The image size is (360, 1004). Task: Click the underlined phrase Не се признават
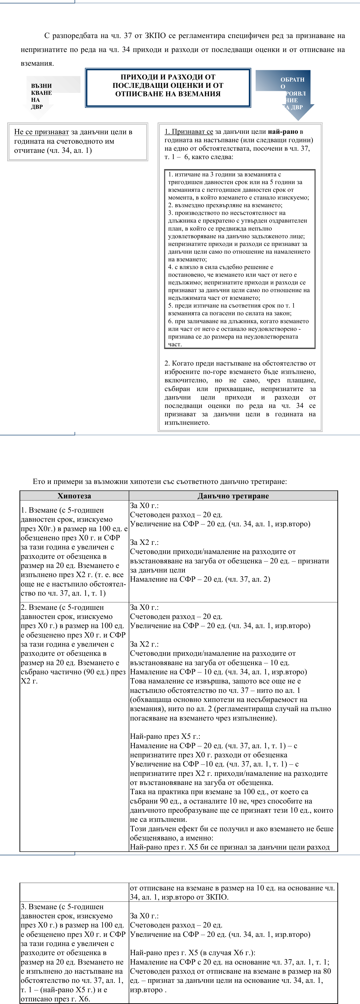click(41, 132)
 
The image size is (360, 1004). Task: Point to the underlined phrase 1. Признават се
click(189, 132)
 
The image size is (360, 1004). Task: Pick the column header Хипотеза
click(74, 496)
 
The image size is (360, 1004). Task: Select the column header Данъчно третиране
click(233, 496)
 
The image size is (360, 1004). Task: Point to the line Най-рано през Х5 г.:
click(165, 736)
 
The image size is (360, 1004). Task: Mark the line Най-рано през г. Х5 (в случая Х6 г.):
click(193, 953)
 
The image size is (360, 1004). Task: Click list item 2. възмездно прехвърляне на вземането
click(225, 205)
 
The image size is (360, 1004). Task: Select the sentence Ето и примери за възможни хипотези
click(160, 481)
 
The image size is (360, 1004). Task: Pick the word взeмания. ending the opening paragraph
click(37, 63)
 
